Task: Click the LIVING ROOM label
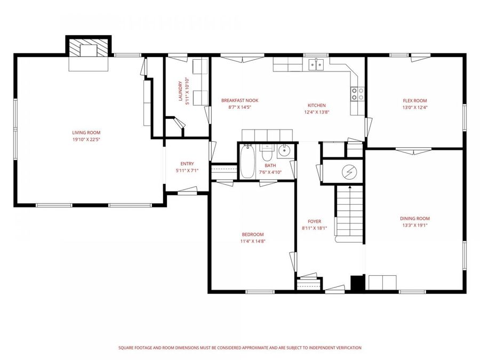pyautogui.click(x=86, y=133)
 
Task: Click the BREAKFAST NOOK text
pyautogui.click(x=239, y=100)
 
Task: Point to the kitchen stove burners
pyautogui.click(x=357, y=94)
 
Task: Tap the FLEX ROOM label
pyautogui.click(x=414, y=100)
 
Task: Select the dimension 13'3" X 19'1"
pyautogui.click(x=414, y=225)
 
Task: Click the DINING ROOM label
pyautogui.click(x=414, y=218)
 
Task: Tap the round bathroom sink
pyautogui.click(x=285, y=151)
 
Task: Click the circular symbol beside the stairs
pyautogui.click(x=349, y=172)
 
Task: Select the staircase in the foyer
pyautogui.click(x=349, y=213)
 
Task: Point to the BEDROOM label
pyautogui.click(x=252, y=235)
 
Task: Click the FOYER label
pyautogui.click(x=314, y=221)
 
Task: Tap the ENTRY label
pyautogui.click(x=187, y=164)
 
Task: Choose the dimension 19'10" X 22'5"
pyautogui.click(x=86, y=140)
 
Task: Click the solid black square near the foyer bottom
pyautogui.click(x=357, y=283)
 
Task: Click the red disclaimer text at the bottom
pyautogui.click(x=239, y=348)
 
